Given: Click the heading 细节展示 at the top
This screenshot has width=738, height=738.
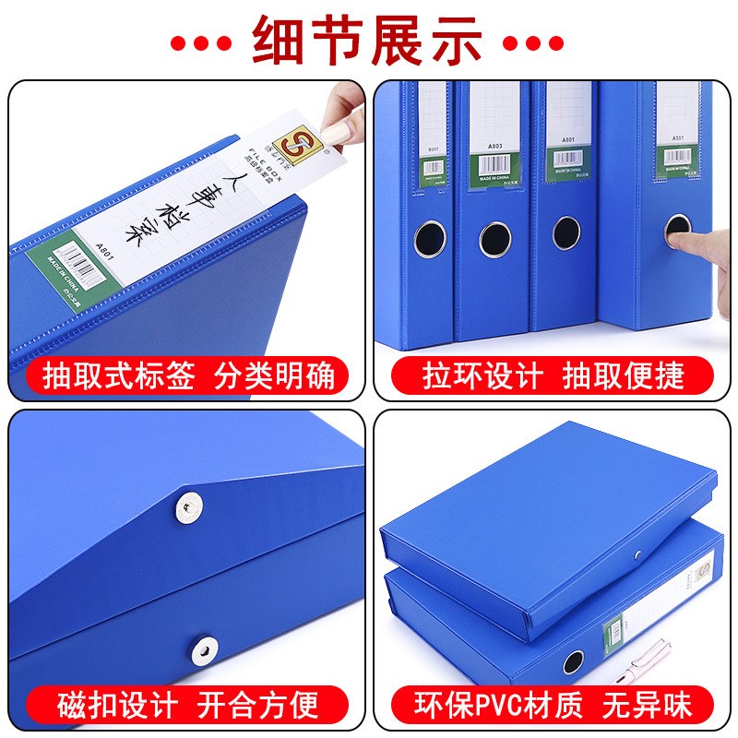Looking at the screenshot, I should click(x=368, y=41).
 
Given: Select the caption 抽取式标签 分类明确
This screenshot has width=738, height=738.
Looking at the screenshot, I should click(x=188, y=376).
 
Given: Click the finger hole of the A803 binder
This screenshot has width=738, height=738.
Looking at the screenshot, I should click(x=494, y=239).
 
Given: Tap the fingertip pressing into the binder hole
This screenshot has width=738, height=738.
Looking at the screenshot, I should click(x=688, y=242).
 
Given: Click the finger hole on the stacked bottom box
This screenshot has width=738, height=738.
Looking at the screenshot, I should click(x=574, y=661).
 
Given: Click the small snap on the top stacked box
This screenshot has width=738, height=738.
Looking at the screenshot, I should click(x=637, y=555).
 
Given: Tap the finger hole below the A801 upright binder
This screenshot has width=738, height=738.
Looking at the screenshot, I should click(x=565, y=233).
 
